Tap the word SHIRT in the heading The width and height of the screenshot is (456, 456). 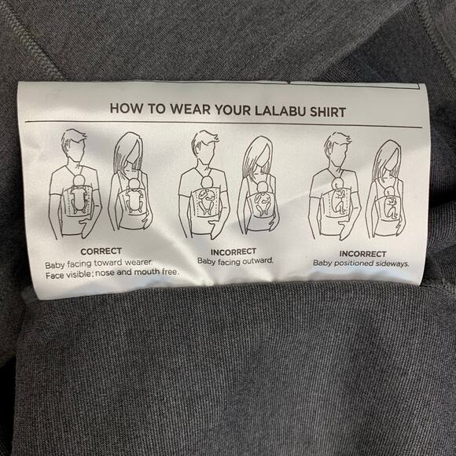click(x=328, y=112)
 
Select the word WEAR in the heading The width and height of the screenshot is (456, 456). click(x=190, y=109)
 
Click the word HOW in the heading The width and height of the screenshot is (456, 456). click(x=127, y=108)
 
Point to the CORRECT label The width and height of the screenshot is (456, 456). click(x=101, y=252)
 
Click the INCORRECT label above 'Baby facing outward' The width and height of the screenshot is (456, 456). click(x=234, y=252)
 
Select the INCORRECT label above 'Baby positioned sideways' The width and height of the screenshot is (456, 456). click(x=362, y=254)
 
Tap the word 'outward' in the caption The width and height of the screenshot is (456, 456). click(x=258, y=261)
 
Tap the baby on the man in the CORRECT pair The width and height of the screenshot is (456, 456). click(x=78, y=194)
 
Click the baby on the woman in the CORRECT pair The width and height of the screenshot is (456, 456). click(x=134, y=196)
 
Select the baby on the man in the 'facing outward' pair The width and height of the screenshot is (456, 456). click(x=207, y=196)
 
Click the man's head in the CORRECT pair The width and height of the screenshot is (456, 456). click(x=74, y=145)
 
